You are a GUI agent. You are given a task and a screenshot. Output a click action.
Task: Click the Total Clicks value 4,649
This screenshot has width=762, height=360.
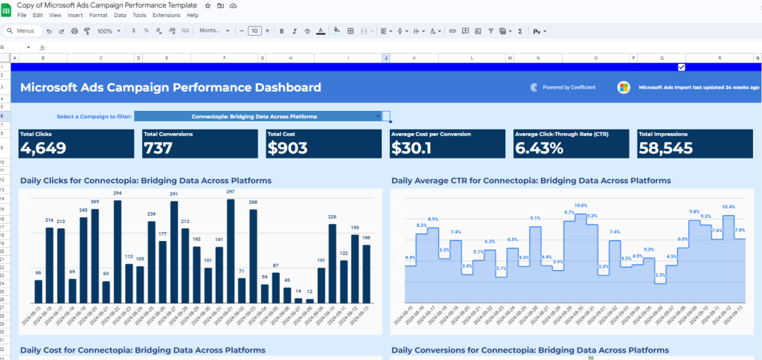[43, 147]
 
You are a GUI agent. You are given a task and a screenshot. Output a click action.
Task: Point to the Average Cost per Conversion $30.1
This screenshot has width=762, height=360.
[411, 147]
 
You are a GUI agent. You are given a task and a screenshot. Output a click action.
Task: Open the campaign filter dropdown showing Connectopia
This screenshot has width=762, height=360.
[262, 117]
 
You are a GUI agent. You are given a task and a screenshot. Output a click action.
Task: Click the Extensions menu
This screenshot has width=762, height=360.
[166, 15]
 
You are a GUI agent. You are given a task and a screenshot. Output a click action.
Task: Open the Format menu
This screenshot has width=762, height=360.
[97, 15]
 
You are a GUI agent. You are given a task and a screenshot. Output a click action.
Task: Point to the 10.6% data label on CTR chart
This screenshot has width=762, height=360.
[581, 205]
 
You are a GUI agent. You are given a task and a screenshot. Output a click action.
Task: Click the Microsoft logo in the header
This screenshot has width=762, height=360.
[624, 87]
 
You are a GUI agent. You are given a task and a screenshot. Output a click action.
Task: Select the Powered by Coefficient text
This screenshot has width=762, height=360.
[569, 87]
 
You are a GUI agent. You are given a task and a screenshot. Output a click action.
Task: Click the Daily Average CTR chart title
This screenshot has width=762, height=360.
[531, 181]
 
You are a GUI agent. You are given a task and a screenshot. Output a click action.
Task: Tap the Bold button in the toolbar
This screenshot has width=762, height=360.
[281, 31]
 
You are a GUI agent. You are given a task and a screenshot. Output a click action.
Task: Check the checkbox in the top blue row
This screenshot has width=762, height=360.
[682, 67]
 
